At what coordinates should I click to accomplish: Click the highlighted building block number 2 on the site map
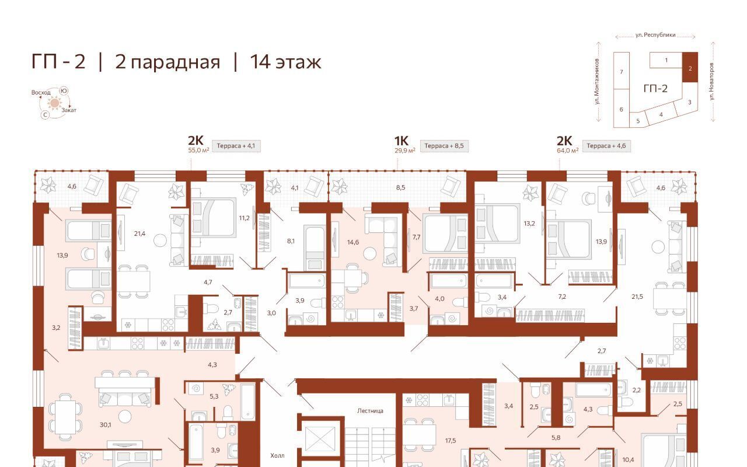[690, 68]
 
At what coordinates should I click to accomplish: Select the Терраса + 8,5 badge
[444, 146]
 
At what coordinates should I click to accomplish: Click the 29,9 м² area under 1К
[405, 151]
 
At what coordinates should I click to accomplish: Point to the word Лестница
[370, 411]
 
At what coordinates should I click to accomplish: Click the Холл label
[277, 455]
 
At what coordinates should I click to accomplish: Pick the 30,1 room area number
[106, 424]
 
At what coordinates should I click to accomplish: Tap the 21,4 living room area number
[139, 234]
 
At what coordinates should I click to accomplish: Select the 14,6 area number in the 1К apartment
[353, 242]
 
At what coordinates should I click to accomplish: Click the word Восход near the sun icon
[41, 92]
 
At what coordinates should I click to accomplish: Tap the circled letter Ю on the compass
[64, 90]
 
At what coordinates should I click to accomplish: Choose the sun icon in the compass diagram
[54, 103]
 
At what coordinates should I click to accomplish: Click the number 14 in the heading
[260, 62]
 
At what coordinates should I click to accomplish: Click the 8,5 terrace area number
[400, 187]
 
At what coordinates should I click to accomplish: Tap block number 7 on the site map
[622, 72]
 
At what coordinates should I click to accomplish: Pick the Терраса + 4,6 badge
[606, 146]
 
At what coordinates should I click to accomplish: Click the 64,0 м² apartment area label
[568, 151]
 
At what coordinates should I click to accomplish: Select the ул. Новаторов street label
[711, 81]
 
